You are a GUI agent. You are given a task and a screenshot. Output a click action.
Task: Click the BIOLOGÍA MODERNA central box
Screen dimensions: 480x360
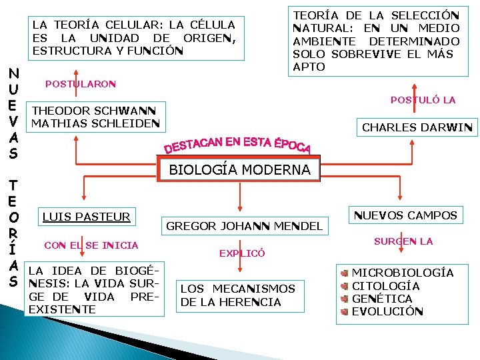point(239,169)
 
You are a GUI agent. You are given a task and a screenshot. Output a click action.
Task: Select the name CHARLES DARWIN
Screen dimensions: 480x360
point(417,127)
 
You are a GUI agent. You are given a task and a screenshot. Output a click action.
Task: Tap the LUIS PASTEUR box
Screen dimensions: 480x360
point(86,216)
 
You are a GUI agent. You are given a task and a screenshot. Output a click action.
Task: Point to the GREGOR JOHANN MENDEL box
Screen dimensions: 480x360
point(243,226)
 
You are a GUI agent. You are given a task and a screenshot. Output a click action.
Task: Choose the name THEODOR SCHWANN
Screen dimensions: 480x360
point(94,111)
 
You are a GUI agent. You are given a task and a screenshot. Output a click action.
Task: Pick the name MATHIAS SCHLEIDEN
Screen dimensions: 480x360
point(95,123)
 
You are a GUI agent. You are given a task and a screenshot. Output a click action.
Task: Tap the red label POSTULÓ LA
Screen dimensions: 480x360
point(423,100)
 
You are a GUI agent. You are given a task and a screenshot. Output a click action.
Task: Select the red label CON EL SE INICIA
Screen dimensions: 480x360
point(91,245)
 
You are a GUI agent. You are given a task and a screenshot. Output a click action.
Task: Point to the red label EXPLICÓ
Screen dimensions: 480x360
point(242,253)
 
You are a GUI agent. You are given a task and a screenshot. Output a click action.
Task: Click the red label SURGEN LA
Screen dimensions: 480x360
point(403,241)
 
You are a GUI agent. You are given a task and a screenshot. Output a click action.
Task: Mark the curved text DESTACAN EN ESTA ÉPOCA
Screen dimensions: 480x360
point(237,142)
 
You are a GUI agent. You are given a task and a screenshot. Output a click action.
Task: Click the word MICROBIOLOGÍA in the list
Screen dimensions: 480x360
point(402,273)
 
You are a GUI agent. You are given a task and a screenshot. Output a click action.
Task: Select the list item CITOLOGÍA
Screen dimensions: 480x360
point(385,285)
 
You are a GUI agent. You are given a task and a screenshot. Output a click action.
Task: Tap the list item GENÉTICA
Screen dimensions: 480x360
point(382,298)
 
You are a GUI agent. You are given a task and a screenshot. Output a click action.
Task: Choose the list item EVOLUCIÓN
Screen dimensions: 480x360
point(387,311)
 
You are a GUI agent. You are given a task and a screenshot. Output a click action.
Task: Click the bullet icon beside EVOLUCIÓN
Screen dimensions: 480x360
point(344,311)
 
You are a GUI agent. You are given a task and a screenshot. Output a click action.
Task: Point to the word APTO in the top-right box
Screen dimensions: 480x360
point(309,67)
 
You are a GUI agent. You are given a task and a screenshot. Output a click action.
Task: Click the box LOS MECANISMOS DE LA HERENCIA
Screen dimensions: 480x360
point(237,295)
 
